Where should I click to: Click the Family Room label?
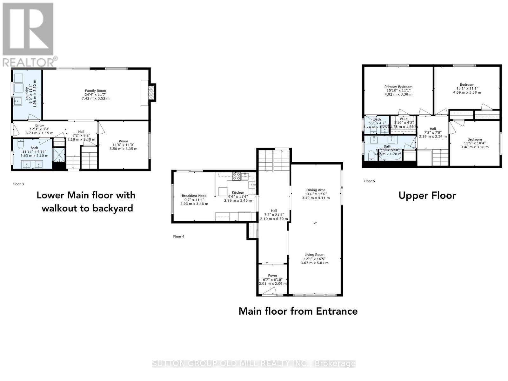point(95,91)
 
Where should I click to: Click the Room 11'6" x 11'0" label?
point(123,141)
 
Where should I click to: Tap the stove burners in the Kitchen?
point(236,176)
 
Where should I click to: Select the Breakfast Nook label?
point(194,196)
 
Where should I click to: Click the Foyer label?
point(272,276)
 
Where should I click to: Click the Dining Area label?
point(315,190)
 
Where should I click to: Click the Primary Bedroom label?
point(398,87)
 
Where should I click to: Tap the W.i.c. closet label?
point(404,119)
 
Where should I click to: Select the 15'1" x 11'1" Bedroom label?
point(467,85)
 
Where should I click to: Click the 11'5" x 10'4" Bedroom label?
point(474,139)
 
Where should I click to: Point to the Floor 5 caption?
point(369,181)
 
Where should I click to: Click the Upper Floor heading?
point(427,196)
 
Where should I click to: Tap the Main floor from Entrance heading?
point(298,311)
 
